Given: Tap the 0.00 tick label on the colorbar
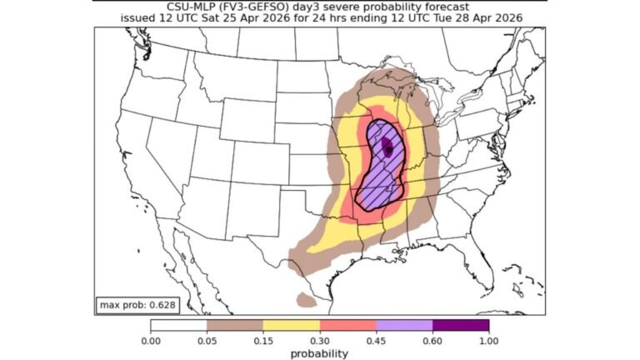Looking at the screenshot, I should pos(151,341).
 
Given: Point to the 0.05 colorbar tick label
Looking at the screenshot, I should pos(207,341).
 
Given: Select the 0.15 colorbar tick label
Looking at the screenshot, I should pos(263,341).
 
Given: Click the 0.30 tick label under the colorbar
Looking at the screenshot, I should pos(320,341).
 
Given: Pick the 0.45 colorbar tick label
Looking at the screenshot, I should pos(377,341).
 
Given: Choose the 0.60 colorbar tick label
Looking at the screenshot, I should pos(432,341).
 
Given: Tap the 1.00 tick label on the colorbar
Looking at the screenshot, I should pos(489,341).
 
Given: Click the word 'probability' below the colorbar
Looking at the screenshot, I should pos(320,352).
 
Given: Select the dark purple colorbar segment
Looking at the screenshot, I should pos(461,326).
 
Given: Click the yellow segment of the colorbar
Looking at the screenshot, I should pos(292,326).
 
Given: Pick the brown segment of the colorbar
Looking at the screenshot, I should pos(235,326).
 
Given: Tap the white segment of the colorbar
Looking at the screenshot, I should pos(178,326).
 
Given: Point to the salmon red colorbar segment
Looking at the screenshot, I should pos(348,326).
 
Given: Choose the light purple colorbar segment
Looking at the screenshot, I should pos(405,326).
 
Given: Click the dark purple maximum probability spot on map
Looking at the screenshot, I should pos(387,148).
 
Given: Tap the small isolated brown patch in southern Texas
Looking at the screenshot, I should pos(306,297).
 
